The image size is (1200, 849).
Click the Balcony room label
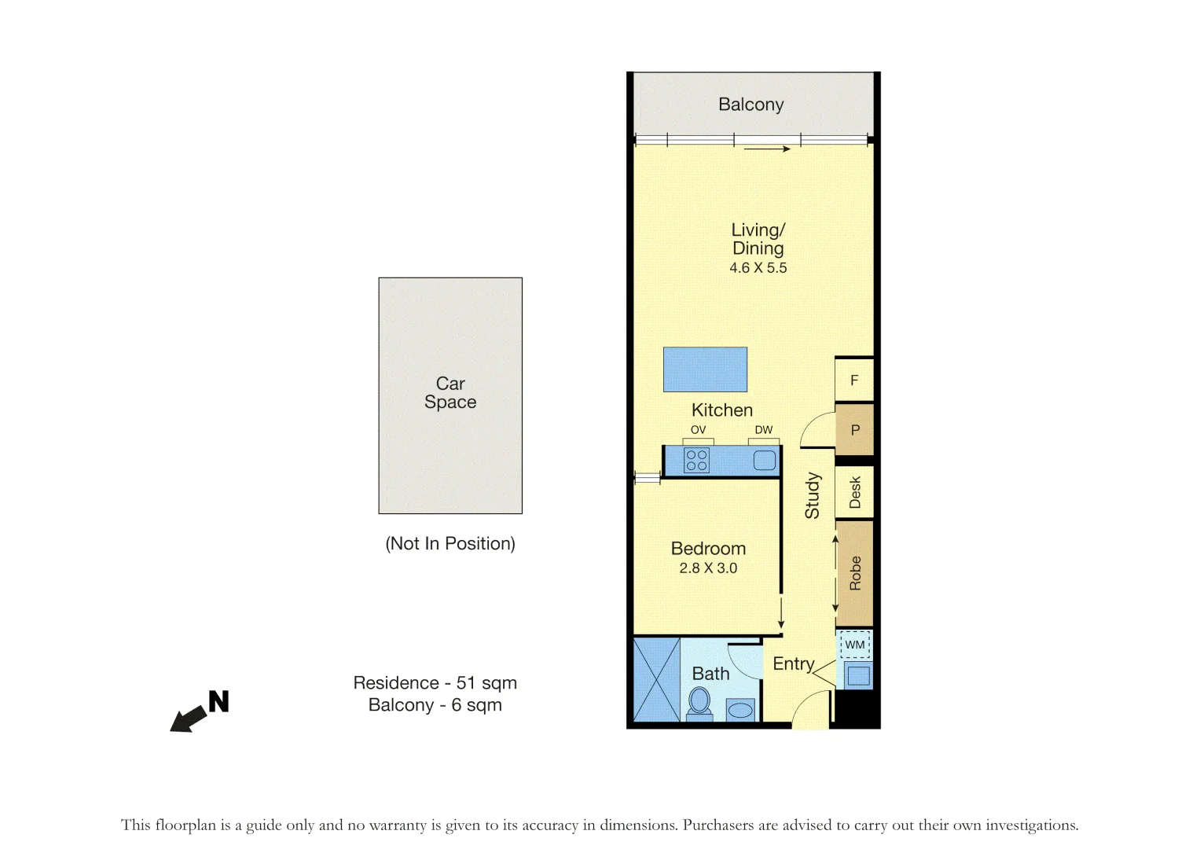click(750, 105)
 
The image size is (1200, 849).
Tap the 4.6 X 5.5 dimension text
click(758, 268)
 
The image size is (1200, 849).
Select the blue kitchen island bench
click(705, 369)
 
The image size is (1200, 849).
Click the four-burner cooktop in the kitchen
click(697, 460)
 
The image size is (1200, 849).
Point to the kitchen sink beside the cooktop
click(764, 460)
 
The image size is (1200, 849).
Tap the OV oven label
click(698, 430)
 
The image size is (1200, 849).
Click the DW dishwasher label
click(763, 430)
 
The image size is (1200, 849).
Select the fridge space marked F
click(854, 380)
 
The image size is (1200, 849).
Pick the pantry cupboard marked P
click(854, 430)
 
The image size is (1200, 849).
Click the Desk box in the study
click(854, 492)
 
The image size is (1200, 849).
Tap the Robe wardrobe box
click(854, 573)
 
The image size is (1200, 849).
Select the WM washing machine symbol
click(855, 645)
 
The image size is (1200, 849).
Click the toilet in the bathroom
click(699, 702)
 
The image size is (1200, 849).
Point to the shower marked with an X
click(656, 679)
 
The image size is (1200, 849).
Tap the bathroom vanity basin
click(740, 710)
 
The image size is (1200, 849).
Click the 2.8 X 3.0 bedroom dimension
click(708, 568)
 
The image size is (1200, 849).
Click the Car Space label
click(450, 393)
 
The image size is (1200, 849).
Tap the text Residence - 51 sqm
click(435, 683)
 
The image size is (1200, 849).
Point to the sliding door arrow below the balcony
click(766, 149)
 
